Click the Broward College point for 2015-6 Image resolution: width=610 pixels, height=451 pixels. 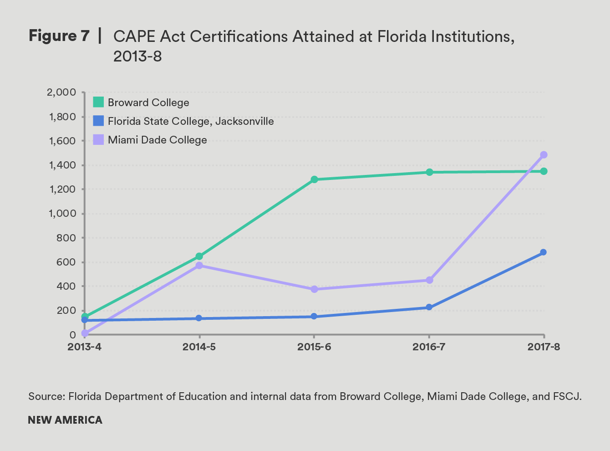click(314, 179)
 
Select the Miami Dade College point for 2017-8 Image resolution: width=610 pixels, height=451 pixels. click(544, 155)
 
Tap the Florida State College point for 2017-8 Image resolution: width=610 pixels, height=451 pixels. click(544, 252)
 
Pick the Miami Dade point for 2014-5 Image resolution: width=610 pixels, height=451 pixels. click(199, 265)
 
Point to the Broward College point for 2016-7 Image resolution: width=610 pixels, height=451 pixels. click(429, 172)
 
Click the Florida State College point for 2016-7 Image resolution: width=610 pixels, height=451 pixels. click(429, 307)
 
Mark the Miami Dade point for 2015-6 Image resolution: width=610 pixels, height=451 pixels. click(314, 289)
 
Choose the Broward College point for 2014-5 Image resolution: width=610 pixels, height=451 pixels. click(199, 256)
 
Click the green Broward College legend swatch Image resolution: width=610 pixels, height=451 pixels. click(98, 102)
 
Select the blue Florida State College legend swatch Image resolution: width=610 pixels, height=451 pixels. click(98, 121)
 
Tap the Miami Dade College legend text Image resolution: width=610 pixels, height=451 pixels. click(157, 140)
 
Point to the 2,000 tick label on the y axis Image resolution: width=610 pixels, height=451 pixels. click(61, 92)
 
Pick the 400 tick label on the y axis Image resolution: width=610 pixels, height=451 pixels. click(66, 287)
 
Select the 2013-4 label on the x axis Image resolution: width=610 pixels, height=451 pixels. click(84, 347)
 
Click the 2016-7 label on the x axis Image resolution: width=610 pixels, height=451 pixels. click(429, 347)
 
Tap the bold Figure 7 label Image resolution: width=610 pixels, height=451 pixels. click(59, 36)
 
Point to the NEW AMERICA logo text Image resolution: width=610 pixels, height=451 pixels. click(65, 420)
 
